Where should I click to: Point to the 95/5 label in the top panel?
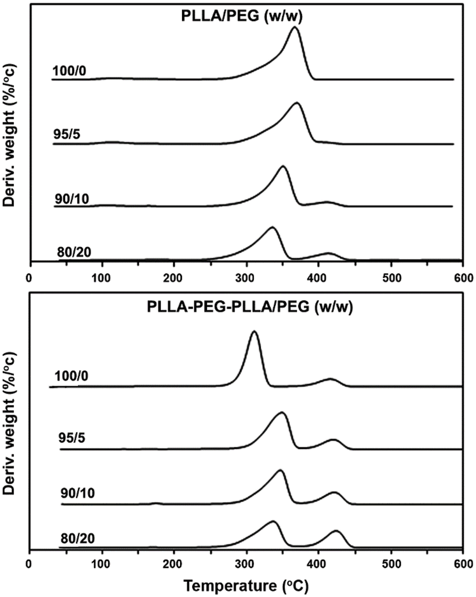tap(66, 135)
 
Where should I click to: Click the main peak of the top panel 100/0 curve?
tap(295, 27)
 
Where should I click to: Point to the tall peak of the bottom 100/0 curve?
tap(255, 332)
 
